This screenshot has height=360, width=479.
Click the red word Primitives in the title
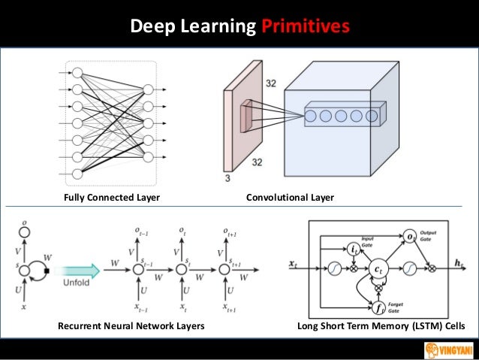pyautogui.click(x=305, y=27)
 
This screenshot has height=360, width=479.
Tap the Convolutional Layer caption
pyautogui.click(x=290, y=198)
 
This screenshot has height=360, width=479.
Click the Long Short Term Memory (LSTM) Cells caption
pyautogui.click(x=382, y=326)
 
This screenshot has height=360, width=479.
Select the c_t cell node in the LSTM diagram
pyautogui.click(x=379, y=268)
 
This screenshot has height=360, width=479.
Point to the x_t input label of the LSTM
pyautogui.click(x=294, y=263)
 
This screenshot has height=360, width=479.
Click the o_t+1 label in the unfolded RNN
pyautogui.click(x=230, y=233)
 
